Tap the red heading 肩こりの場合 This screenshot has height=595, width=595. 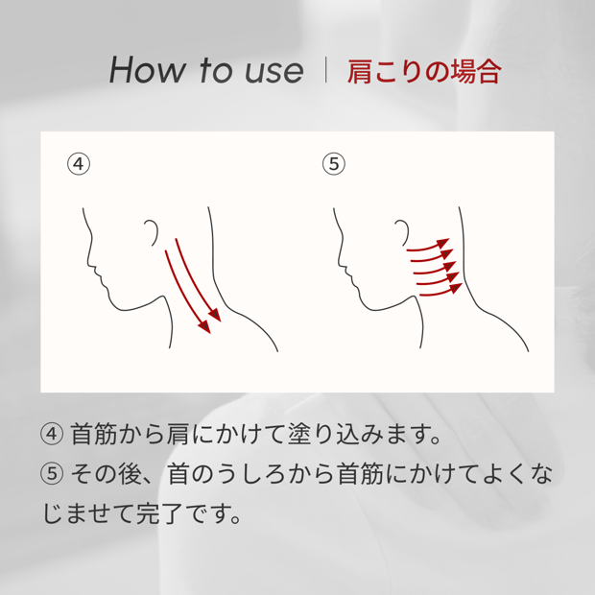tap(424, 72)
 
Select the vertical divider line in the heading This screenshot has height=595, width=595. tap(326, 70)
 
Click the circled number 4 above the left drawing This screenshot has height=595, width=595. tap(79, 164)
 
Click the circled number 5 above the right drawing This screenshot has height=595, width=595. tap(334, 164)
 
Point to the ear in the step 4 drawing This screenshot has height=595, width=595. tap(152, 232)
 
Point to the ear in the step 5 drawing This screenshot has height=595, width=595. tap(402, 232)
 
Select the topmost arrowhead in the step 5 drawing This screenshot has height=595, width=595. tap(443, 243)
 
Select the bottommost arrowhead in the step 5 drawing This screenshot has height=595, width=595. tap(456, 289)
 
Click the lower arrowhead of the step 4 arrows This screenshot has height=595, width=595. tap(205, 327)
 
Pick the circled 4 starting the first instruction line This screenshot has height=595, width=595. tap(52, 434)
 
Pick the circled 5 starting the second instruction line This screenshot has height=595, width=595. tap(52, 474)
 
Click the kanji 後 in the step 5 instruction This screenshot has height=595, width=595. tap(131, 474)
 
